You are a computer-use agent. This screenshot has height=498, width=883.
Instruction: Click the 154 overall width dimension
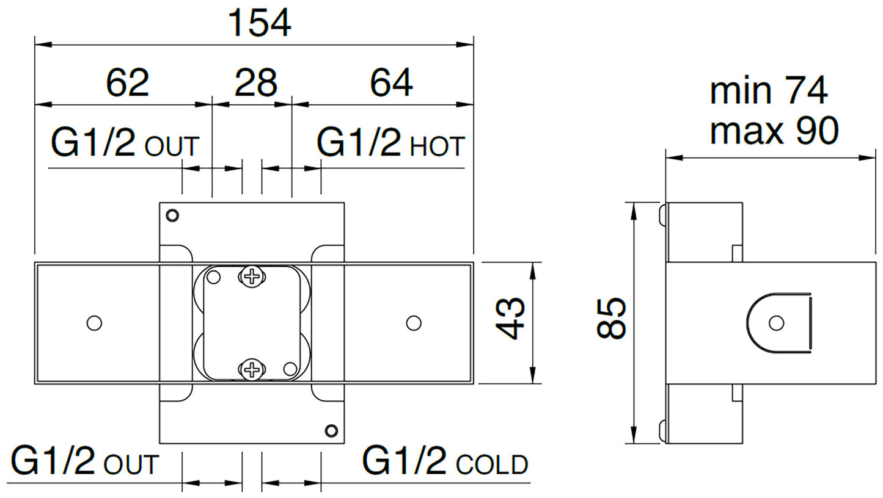click(259, 23)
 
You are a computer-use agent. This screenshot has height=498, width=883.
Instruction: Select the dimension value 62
click(127, 82)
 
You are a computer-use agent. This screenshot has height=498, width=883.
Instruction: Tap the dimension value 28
click(256, 82)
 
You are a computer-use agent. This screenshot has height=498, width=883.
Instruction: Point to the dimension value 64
click(391, 82)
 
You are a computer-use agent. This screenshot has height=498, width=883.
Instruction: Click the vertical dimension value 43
click(510, 319)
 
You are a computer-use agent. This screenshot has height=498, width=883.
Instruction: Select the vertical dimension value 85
click(611, 318)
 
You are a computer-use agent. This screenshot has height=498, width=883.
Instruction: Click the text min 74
click(769, 92)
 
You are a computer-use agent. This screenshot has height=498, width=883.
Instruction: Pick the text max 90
click(774, 131)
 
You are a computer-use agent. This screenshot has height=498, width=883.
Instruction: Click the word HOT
click(438, 147)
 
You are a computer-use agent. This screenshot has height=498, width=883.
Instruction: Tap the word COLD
click(492, 464)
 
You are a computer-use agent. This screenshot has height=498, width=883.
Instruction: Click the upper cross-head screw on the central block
click(251, 276)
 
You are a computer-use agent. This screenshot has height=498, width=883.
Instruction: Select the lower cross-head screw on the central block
click(251, 369)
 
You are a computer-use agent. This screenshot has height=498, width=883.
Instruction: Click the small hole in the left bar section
click(94, 323)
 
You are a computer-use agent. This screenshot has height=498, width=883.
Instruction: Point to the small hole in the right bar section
click(414, 323)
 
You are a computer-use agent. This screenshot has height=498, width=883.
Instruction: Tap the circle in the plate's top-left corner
click(173, 215)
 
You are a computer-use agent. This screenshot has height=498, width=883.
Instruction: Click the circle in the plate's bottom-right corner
click(331, 430)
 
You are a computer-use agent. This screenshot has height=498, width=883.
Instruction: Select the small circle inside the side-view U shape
click(776, 323)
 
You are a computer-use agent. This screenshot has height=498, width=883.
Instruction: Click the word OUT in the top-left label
click(172, 147)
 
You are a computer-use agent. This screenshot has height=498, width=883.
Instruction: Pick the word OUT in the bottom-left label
click(131, 464)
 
